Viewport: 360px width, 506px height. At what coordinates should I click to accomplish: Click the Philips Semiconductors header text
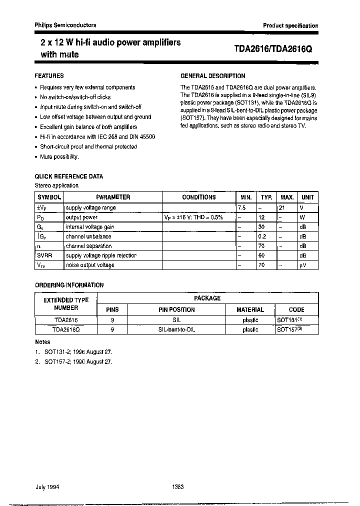coord(65,25)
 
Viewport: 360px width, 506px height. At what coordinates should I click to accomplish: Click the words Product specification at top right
coord(290,25)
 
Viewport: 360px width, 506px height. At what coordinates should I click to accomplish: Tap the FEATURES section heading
coord(49,76)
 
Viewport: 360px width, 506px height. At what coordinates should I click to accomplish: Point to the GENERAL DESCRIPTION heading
coord(212,76)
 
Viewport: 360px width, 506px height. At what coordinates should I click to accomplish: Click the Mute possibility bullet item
coord(59,157)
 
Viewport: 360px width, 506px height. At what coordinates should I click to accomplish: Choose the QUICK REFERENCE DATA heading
coord(69,176)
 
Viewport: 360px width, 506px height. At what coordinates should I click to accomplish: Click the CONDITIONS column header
coord(198,197)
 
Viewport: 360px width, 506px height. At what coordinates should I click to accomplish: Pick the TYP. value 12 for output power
coord(260,217)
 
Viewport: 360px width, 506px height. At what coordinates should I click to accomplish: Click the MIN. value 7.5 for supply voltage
coord(242,207)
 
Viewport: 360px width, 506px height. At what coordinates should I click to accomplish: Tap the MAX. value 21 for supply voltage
coord(282,207)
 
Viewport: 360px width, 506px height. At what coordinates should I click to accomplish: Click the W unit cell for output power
coord(302,217)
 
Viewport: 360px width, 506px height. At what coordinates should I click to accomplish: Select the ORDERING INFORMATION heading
coord(69,285)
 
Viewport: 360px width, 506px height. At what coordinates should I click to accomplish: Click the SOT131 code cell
coord(289,319)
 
